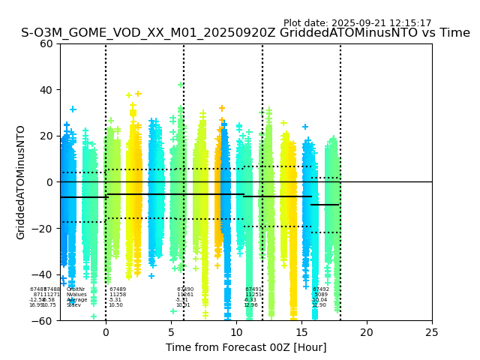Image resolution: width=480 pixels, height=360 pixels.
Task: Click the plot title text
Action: click(x=245, y=33)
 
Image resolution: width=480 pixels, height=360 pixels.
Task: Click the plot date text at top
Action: click(x=357, y=23)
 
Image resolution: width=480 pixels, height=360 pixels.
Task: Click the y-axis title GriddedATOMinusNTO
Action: click(x=21, y=182)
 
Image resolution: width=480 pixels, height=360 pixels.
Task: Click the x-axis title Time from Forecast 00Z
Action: click(x=246, y=347)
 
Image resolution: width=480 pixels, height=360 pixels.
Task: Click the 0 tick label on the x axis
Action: click(x=106, y=332)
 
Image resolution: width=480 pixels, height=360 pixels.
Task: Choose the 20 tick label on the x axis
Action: click(x=367, y=332)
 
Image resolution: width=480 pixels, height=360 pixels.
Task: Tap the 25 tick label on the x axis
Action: click(x=432, y=332)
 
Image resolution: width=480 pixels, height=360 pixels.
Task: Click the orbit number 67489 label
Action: click(x=118, y=289)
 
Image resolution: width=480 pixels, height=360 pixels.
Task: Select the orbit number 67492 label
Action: click(x=321, y=289)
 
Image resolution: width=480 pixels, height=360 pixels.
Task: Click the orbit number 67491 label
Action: click(x=253, y=289)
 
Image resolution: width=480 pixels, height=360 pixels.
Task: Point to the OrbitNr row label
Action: click(x=76, y=289)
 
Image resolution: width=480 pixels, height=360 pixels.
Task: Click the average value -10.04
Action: click(x=320, y=300)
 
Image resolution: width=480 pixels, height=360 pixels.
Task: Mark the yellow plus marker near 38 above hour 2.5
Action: click(x=138, y=94)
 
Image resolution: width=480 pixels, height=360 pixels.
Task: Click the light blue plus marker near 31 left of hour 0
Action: click(x=73, y=109)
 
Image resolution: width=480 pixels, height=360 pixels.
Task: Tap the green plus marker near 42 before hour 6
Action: click(x=181, y=85)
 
